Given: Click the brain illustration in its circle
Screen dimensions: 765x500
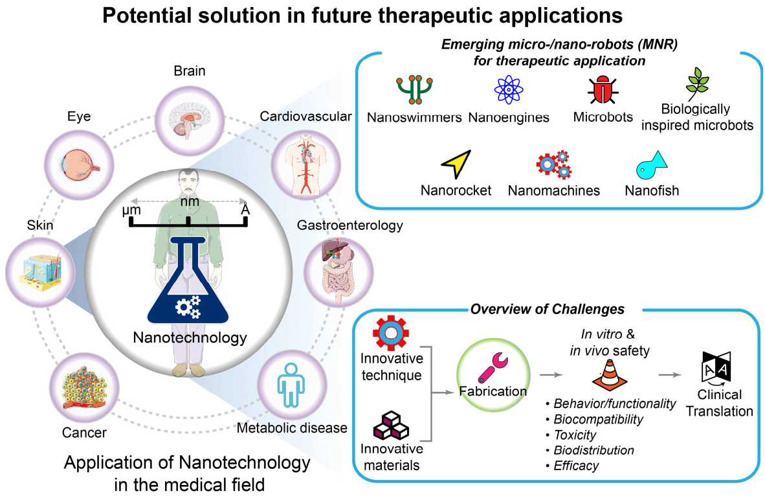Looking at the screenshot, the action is click(190, 120).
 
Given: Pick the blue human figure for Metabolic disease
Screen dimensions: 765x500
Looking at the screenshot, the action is click(291, 384).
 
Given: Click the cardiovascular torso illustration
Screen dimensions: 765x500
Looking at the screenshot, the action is click(306, 165).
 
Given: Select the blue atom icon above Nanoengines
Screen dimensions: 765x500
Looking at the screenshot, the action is click(508, 90).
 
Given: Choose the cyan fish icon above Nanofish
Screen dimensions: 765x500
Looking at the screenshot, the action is click(651, 165).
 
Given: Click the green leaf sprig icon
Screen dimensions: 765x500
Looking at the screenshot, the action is click(697, 84).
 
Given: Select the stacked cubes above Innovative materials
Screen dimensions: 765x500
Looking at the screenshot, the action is click(391, 426).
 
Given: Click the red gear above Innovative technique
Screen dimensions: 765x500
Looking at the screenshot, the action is click(391, 333).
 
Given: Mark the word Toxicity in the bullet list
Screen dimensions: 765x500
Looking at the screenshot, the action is click(575, 435).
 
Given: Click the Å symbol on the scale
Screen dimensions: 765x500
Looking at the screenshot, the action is click(245, 209).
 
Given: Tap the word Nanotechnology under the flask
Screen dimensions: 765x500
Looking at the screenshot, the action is click(190, 337).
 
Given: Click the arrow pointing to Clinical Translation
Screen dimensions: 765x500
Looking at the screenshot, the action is click(670, 375).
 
